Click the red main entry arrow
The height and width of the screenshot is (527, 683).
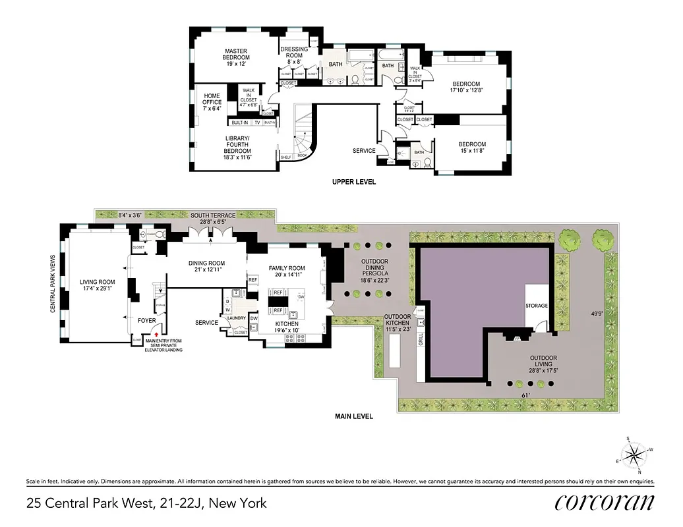pyautogui.click(x=156, y=335)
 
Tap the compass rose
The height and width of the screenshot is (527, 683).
pyautogui.click(x=636, y=455)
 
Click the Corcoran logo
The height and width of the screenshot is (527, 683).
pyautogui.click(x=605, y=502)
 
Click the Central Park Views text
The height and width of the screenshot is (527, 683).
pyautogui.click(x=53, y=285)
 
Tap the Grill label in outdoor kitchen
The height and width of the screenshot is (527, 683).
pyautogui.click(x=420, y=340)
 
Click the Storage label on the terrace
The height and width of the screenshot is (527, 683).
pyautogui.click(x=537, y=306)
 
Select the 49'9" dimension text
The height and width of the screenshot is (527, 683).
pyautogui.click(x=597, y=314)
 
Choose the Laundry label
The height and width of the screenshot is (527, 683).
pyautogui.click(x=236, y=318)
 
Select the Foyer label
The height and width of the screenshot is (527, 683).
pyautogui.click(x=147, y=321)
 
